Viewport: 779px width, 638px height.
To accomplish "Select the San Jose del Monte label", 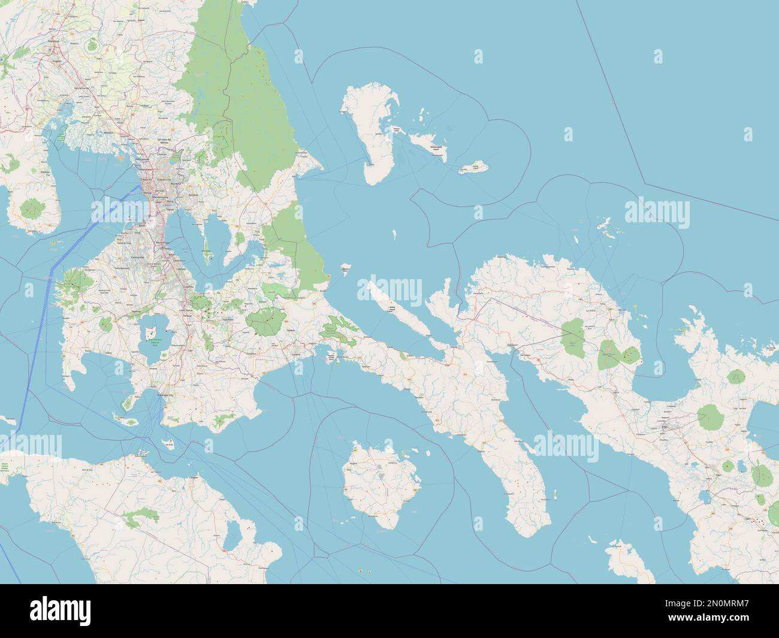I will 164,141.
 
